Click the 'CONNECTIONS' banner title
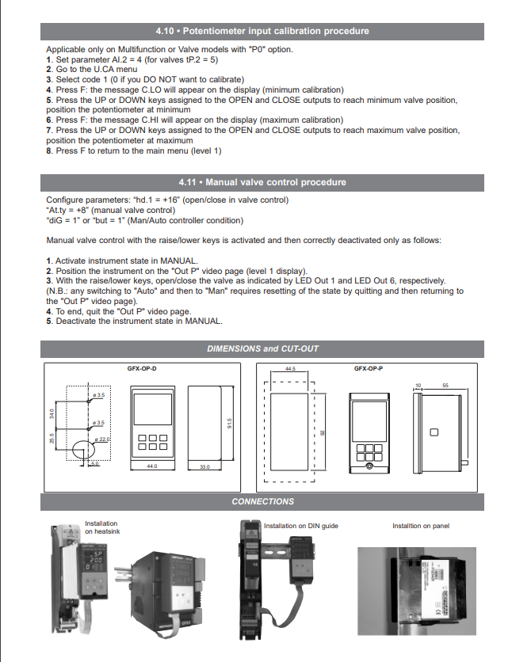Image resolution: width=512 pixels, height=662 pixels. click(x=262, y=501)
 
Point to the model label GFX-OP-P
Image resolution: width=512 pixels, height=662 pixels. click(x=369, y=368)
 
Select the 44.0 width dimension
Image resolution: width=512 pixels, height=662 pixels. click(x=152, y=466)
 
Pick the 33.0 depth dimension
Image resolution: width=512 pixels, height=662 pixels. click(x=204, y=466)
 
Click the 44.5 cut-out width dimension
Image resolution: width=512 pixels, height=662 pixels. click(x=290, y=369)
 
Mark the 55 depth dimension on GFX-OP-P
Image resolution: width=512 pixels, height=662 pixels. click(x=445, y=385)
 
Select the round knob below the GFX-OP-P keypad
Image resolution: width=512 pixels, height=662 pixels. click(x=369, y=467)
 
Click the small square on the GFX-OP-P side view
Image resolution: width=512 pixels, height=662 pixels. click(x=434, y=432)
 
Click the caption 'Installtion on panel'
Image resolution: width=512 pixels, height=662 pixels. click(x=420, y=526)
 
